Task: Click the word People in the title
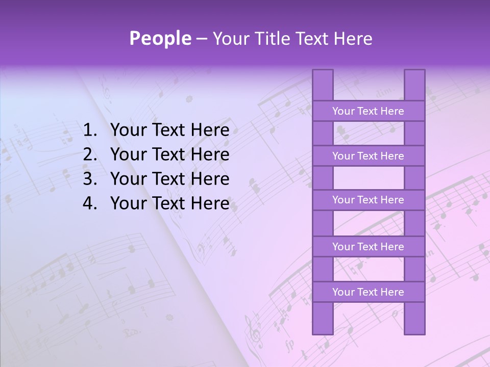point(160,39)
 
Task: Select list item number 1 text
point(169,130)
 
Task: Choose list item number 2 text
point(169,155)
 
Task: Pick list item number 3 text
point(169,179)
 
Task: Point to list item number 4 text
point(169,204)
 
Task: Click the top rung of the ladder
point(368,111)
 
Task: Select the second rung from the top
point(368,156)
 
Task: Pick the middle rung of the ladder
point(368,200)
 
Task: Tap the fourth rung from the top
point(368,247)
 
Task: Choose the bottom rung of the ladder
point(368,292)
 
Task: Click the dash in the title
point(201,39)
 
